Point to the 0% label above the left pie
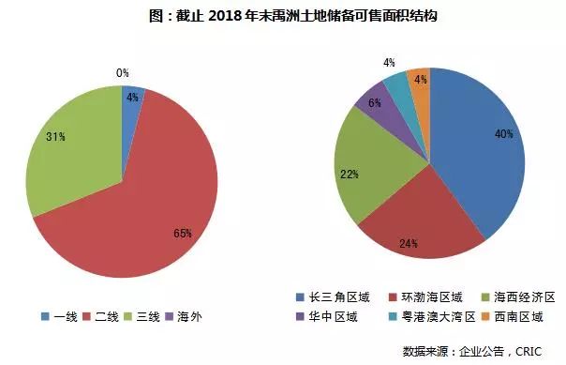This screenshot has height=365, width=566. coord(123,72)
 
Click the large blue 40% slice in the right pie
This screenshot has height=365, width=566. coord(478,150)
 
